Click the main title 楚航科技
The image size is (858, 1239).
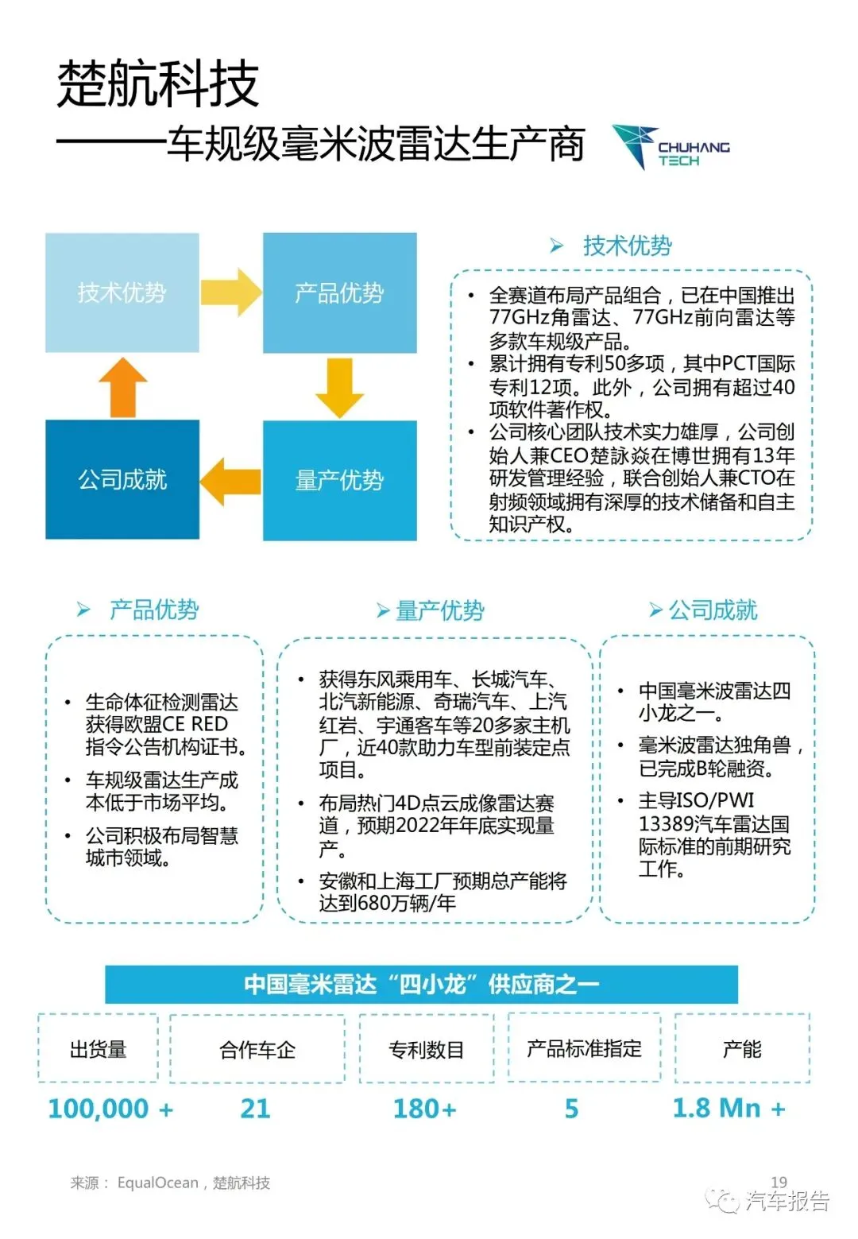point(158,83)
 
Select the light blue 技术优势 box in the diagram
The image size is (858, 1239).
point(122,292)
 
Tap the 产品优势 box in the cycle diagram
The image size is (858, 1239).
point(339,292)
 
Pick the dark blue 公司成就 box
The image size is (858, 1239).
point(122,479)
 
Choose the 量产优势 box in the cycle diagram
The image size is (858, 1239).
point(339,480)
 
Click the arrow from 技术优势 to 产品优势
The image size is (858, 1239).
point(230,292)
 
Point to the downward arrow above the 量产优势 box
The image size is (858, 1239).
point(339,387)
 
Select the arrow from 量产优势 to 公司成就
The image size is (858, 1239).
point(230,481)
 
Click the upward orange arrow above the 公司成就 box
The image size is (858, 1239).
point(122,387)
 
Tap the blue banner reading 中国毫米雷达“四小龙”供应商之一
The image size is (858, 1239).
point(421,984)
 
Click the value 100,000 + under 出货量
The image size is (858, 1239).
point(110,1108)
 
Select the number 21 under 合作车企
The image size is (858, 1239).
point(255,1108)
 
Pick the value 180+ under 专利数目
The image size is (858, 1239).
point(425,1108)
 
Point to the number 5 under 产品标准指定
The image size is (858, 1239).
point(571,1108)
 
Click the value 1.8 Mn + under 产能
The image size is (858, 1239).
point(729,1108)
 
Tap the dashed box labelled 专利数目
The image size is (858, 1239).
point(427,1049)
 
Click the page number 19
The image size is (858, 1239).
point(779,1182)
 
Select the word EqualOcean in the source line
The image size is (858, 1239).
point(158,1183)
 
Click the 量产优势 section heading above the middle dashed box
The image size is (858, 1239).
point(439,610)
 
